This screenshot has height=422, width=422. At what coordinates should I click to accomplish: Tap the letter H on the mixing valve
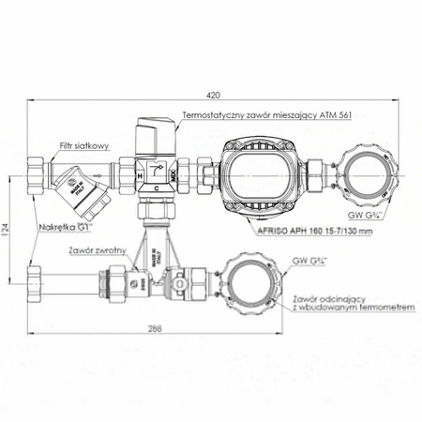pos(140,173)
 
